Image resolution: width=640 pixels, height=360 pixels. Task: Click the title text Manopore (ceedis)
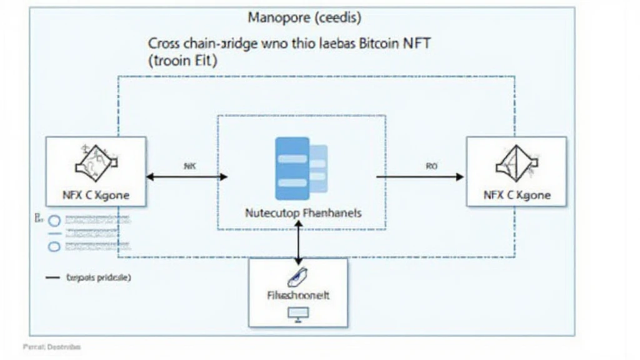(304, 18)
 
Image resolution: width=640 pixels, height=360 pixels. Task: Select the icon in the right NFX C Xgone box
(515, 164)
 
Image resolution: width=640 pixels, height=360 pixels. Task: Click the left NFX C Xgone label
(96, 195)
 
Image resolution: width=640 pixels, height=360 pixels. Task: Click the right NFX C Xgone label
(516, 195)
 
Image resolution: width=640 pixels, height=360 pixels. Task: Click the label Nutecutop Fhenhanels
(302, 212)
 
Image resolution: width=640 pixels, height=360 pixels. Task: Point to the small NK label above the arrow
(189, 166)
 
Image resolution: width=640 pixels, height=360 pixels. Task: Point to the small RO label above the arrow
(431, 166)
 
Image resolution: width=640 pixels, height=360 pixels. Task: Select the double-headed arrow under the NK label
(187, 177)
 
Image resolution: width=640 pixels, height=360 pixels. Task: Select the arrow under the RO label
(420, 177)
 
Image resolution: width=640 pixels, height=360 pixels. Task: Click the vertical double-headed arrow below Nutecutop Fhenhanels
(298, 241)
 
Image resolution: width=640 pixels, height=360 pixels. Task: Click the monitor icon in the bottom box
(296, 314)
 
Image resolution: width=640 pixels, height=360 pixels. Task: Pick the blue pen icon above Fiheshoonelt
(294, 277)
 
